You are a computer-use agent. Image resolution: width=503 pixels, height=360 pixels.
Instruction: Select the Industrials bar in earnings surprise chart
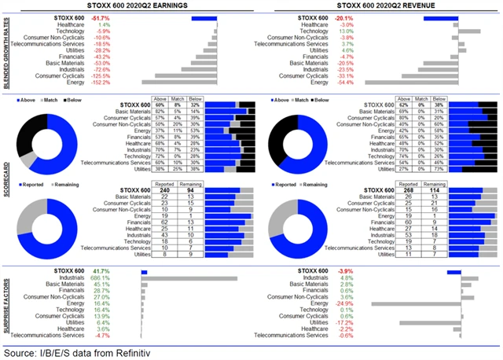click(x=189, y=278)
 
